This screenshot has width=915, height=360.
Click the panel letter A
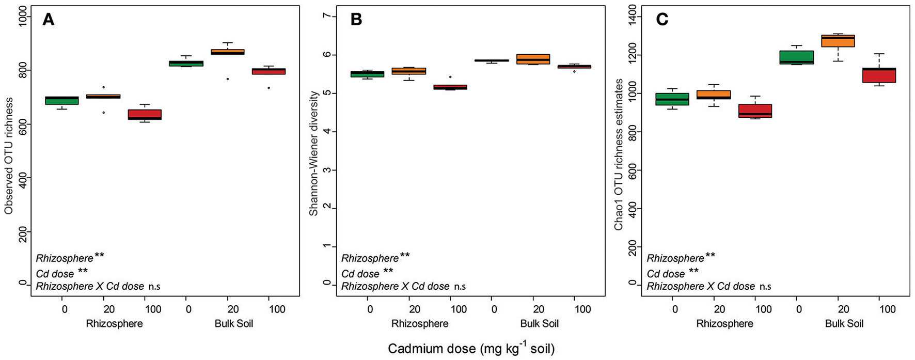pyautogui.click(x=48, y=20)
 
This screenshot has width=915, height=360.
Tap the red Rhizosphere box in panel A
pyautogui.click(x=145, y=115)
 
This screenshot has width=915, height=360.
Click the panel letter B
pyautogui.click(x=356, y=20)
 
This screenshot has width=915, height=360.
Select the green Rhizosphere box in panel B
pyautogui.click(x=368, y=74)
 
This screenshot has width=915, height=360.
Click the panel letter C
pyautogui.click(x=661, y=20)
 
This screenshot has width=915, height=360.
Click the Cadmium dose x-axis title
pyautogui.click(x=471, y=349)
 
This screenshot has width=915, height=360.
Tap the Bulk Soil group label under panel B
pyautogui.click(x=539, y=324)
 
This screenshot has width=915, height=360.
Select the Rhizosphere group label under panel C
pyautogui.click(x=724, y=324)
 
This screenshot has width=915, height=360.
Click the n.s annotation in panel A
pyautogui.click(x=154, y=287)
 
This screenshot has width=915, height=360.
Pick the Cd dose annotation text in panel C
pyautogui.click(x=666, y=274)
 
